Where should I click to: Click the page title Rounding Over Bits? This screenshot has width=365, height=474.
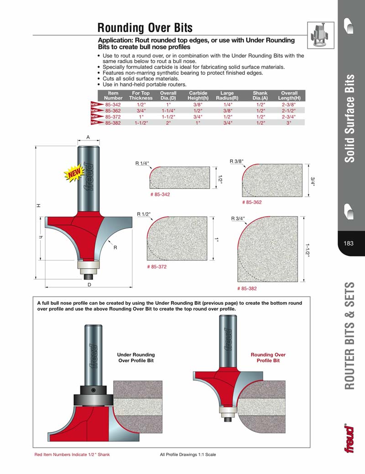pos(145,28)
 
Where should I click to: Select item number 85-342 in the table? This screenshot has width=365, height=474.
pos(113,104)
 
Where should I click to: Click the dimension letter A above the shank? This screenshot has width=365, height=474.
pos(88,137)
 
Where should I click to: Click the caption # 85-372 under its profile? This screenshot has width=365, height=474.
pos(156,266)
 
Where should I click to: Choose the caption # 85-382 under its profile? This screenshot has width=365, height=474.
pos(247,288)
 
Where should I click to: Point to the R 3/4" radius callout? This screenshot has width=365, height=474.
pos(238,219)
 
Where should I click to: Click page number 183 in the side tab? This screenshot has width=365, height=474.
pos(349,243)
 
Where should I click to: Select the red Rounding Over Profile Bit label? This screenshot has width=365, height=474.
pos(268,357)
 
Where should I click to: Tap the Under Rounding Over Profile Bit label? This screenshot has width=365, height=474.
pos(136,357)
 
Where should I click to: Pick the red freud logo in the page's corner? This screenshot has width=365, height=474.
pos(349,438)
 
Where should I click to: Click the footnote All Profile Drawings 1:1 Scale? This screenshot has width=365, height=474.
pos(188,454)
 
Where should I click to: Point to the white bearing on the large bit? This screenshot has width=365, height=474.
pos(88,264)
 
